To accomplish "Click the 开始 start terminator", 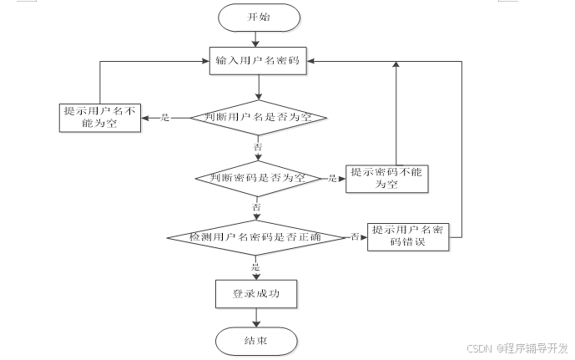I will coord(259,17).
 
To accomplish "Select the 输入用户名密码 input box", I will coord(259,59).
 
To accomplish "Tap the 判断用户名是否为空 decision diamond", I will coord(259,118).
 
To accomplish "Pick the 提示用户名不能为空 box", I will coord(99,118).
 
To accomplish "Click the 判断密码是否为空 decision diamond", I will coord(258,178).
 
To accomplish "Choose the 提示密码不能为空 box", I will coord(386,178).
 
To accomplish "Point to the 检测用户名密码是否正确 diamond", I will coord(257,237).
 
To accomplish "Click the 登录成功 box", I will coord(255,294).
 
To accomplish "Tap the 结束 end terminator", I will coord(255,341).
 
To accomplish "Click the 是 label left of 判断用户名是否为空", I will coord(164,118).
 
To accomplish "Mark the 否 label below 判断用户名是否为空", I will coord(258,147).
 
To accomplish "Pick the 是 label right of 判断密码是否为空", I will coord(332,178).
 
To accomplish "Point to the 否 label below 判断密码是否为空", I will coord(257,206).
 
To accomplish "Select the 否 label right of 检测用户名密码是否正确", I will coord(355,237).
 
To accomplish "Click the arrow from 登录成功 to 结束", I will coord(255,317).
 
